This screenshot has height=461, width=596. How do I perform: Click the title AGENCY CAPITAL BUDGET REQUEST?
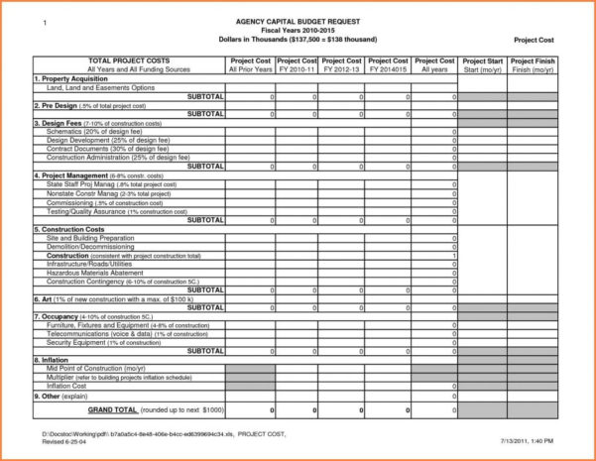[x=298, y=22]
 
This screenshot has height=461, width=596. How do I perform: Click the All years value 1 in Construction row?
[x=454, y=256]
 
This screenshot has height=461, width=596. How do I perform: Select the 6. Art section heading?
[x=99, y=298]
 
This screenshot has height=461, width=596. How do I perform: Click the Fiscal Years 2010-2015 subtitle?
[x=298, y=31]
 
